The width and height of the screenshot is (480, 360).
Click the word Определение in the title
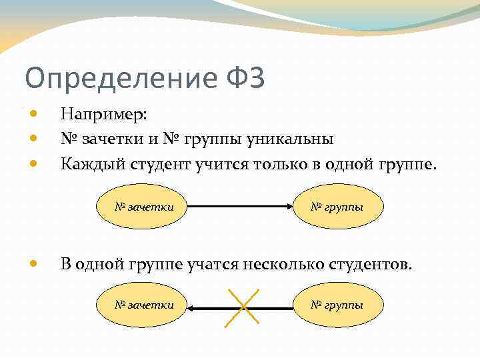[x=120, y=79]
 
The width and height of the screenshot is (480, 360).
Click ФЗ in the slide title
[x=245, y=78]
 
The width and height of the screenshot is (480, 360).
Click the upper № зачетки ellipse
[x=143, y=207]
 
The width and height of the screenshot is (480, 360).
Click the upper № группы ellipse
[x=338, y=207]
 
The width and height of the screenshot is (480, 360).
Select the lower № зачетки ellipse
[x=143, y=305]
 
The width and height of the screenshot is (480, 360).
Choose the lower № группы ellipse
[x=338, y=305]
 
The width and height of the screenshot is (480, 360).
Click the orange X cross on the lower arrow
[x=242, y=307]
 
